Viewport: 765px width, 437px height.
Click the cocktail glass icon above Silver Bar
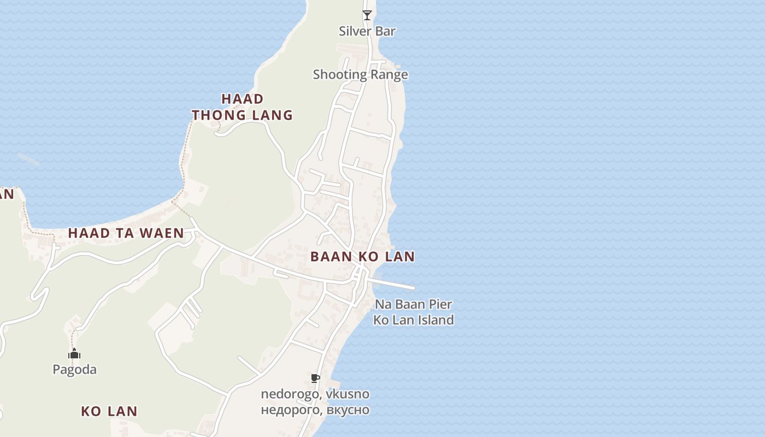367,15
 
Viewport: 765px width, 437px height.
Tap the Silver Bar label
367,31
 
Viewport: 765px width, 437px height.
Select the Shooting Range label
360,74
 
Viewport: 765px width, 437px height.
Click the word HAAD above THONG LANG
243,99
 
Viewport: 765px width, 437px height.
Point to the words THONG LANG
242,115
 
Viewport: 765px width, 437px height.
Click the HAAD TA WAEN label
126,233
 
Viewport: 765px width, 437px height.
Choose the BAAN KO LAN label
362,256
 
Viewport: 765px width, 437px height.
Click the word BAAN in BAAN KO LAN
327,256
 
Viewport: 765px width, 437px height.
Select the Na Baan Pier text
413,304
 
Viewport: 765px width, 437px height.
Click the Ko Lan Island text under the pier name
413,320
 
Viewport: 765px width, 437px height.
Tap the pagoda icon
74,354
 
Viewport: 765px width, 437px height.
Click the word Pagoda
74,369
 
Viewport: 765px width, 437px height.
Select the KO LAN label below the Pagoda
109,411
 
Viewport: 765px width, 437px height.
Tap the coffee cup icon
315,378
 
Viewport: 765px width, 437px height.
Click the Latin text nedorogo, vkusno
315,394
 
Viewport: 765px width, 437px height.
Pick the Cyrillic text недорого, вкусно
315,410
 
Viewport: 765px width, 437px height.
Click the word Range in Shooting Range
390,74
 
